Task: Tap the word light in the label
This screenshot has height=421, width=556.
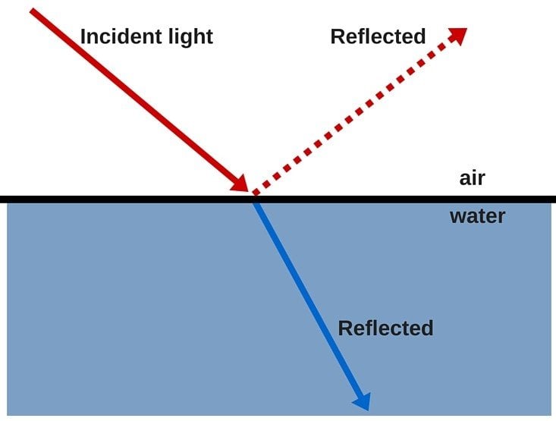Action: click(188, 36)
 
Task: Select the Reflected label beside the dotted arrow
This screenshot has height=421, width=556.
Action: click(378, 36)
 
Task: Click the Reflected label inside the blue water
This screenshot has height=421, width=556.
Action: click(385, 328)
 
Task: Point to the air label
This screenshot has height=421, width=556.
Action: click(472, 179)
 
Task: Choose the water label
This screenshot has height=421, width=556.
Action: click(477, 217)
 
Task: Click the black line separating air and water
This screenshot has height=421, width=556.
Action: click(114, 199)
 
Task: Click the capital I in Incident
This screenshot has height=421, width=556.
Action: click(83, 36)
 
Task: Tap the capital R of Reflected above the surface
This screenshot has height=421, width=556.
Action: click(337, 36)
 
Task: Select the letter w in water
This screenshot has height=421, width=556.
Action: click(457, 217)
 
